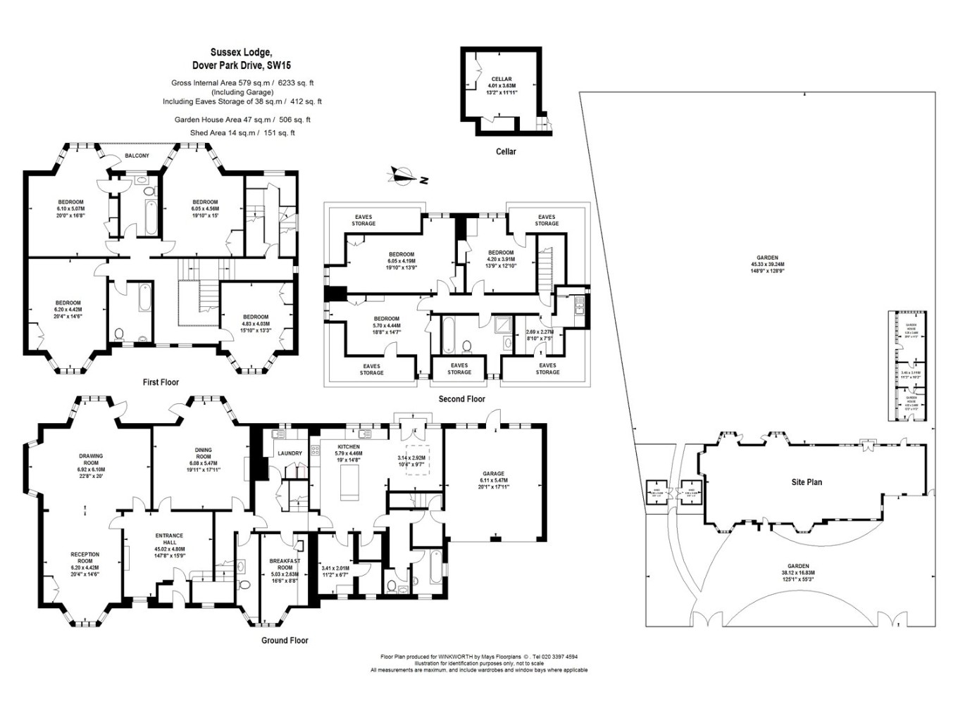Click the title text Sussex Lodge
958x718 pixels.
click(x=240, y=52)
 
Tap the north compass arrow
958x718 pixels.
click(x=403, y=176)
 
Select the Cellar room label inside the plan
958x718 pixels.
click(x=501, y=80)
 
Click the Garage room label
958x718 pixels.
click(x=493, y=474)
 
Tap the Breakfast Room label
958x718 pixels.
click(x=285, y=564)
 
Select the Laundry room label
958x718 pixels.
click(x=290, y=453)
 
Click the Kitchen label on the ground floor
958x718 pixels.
click(x=348, y=447)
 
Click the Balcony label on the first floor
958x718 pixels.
click(x=137, y=156)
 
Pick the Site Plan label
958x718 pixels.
click(x=806, y=482)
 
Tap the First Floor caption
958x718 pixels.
click(x=161, y=382)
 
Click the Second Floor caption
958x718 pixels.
click(x=461, y=399)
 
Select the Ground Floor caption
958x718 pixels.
click(x=285, y=641)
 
